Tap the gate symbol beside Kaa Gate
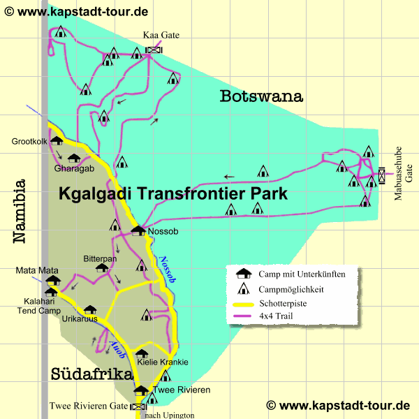(x=154, y=50)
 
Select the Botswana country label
(x=261, y=96)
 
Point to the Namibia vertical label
(x=19, y=211)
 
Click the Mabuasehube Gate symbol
(x=381, y=175)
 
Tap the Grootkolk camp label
(x=29, y=142)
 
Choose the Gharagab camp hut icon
(x=73, y=158)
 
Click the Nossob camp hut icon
(x=138, y=230)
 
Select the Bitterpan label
(x=100, y=257)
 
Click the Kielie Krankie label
(x=163, y=362)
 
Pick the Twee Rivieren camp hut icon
(x=141, y=390)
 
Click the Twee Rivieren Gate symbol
(x=138, y=406)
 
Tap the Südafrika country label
(x=91, y=375)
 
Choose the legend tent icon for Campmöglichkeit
(x=244, y=288)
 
